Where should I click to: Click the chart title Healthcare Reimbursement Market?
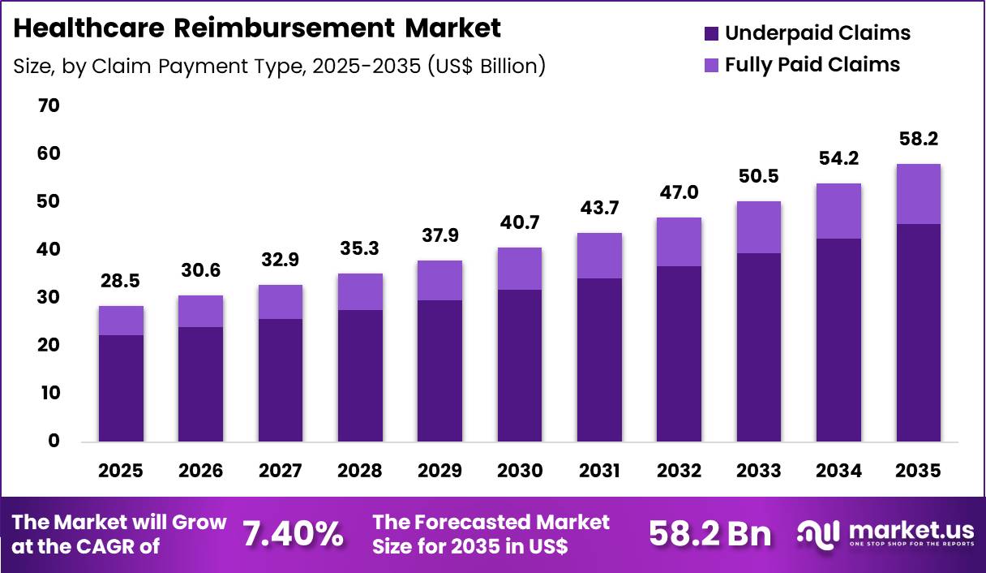pos(257,28)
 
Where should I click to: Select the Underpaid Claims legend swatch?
pos(711,33)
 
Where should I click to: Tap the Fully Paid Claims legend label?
pos(812,64)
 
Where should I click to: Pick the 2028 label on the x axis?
pos(360,471)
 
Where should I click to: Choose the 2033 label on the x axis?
pos(759,471)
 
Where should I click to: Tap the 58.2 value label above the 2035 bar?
pos(918,140)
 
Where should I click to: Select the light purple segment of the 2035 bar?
pos(918,194)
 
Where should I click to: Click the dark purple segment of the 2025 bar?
pos(121,388)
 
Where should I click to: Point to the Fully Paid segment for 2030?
pos(520,269)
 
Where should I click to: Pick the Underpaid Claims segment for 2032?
pos(679,354)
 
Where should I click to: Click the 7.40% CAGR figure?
pos(293,534)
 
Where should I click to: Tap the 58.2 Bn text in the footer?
pos(710,534)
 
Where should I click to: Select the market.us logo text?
pos(910,530)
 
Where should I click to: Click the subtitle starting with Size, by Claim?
pos(279,66)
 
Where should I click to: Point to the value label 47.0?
pos(679,192)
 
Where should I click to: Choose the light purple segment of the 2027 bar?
pos(281,302)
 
